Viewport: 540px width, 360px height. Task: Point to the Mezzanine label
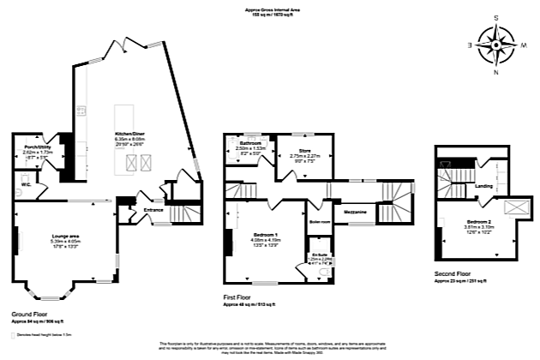click(x=357, y=211)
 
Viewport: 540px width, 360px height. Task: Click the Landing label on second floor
click(x=483, y=184)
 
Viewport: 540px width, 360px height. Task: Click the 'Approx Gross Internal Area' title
click(x=271, y=10)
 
